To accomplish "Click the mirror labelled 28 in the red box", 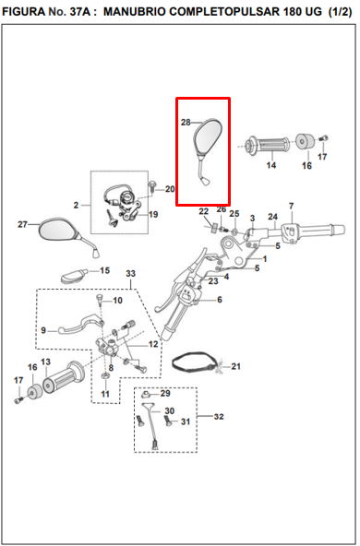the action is click(x=208, y=139).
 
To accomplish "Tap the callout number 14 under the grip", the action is click(x=271, y=165).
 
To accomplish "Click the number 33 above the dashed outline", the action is click(x=130, y=273).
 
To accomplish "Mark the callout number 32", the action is click(x=219, y=416).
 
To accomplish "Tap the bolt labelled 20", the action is click(x=152, y=186).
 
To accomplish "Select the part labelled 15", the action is click(x=74, y=275).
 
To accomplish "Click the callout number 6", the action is click(x=219, y=300).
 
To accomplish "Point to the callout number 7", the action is click(x=292, y=206).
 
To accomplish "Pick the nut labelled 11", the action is click(x=105, y=375).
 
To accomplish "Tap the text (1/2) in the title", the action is click(x=340, y=11).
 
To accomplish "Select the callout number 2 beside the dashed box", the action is click(x=76, y=205).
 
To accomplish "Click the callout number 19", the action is click(x=153, y=214).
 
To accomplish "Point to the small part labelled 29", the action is click(x=146, y=395).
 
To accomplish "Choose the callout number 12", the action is click(x=153, y=344).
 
